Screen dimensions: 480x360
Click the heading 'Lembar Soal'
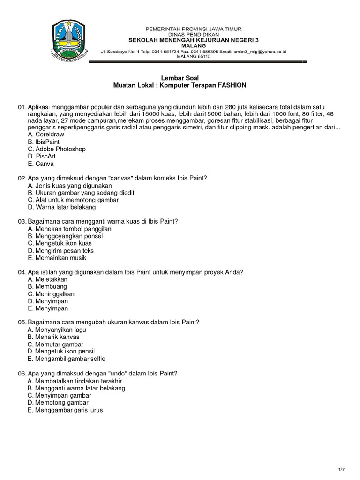tap(180, 78)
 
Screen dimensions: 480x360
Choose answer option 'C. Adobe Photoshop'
tap(57, 149)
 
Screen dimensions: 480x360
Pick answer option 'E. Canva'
tap(41, 164)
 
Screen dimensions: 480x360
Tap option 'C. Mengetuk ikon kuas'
tap(60, 243)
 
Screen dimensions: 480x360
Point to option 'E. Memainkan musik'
tap(57, 258)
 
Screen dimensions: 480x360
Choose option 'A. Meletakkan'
tap(48, 279)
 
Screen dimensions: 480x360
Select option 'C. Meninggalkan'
tap(51, 294)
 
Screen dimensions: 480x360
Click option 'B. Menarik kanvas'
tap(53, 337)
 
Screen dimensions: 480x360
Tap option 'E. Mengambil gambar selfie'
tap(67, 359)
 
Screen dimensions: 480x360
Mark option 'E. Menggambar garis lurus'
tap(65, 410)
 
